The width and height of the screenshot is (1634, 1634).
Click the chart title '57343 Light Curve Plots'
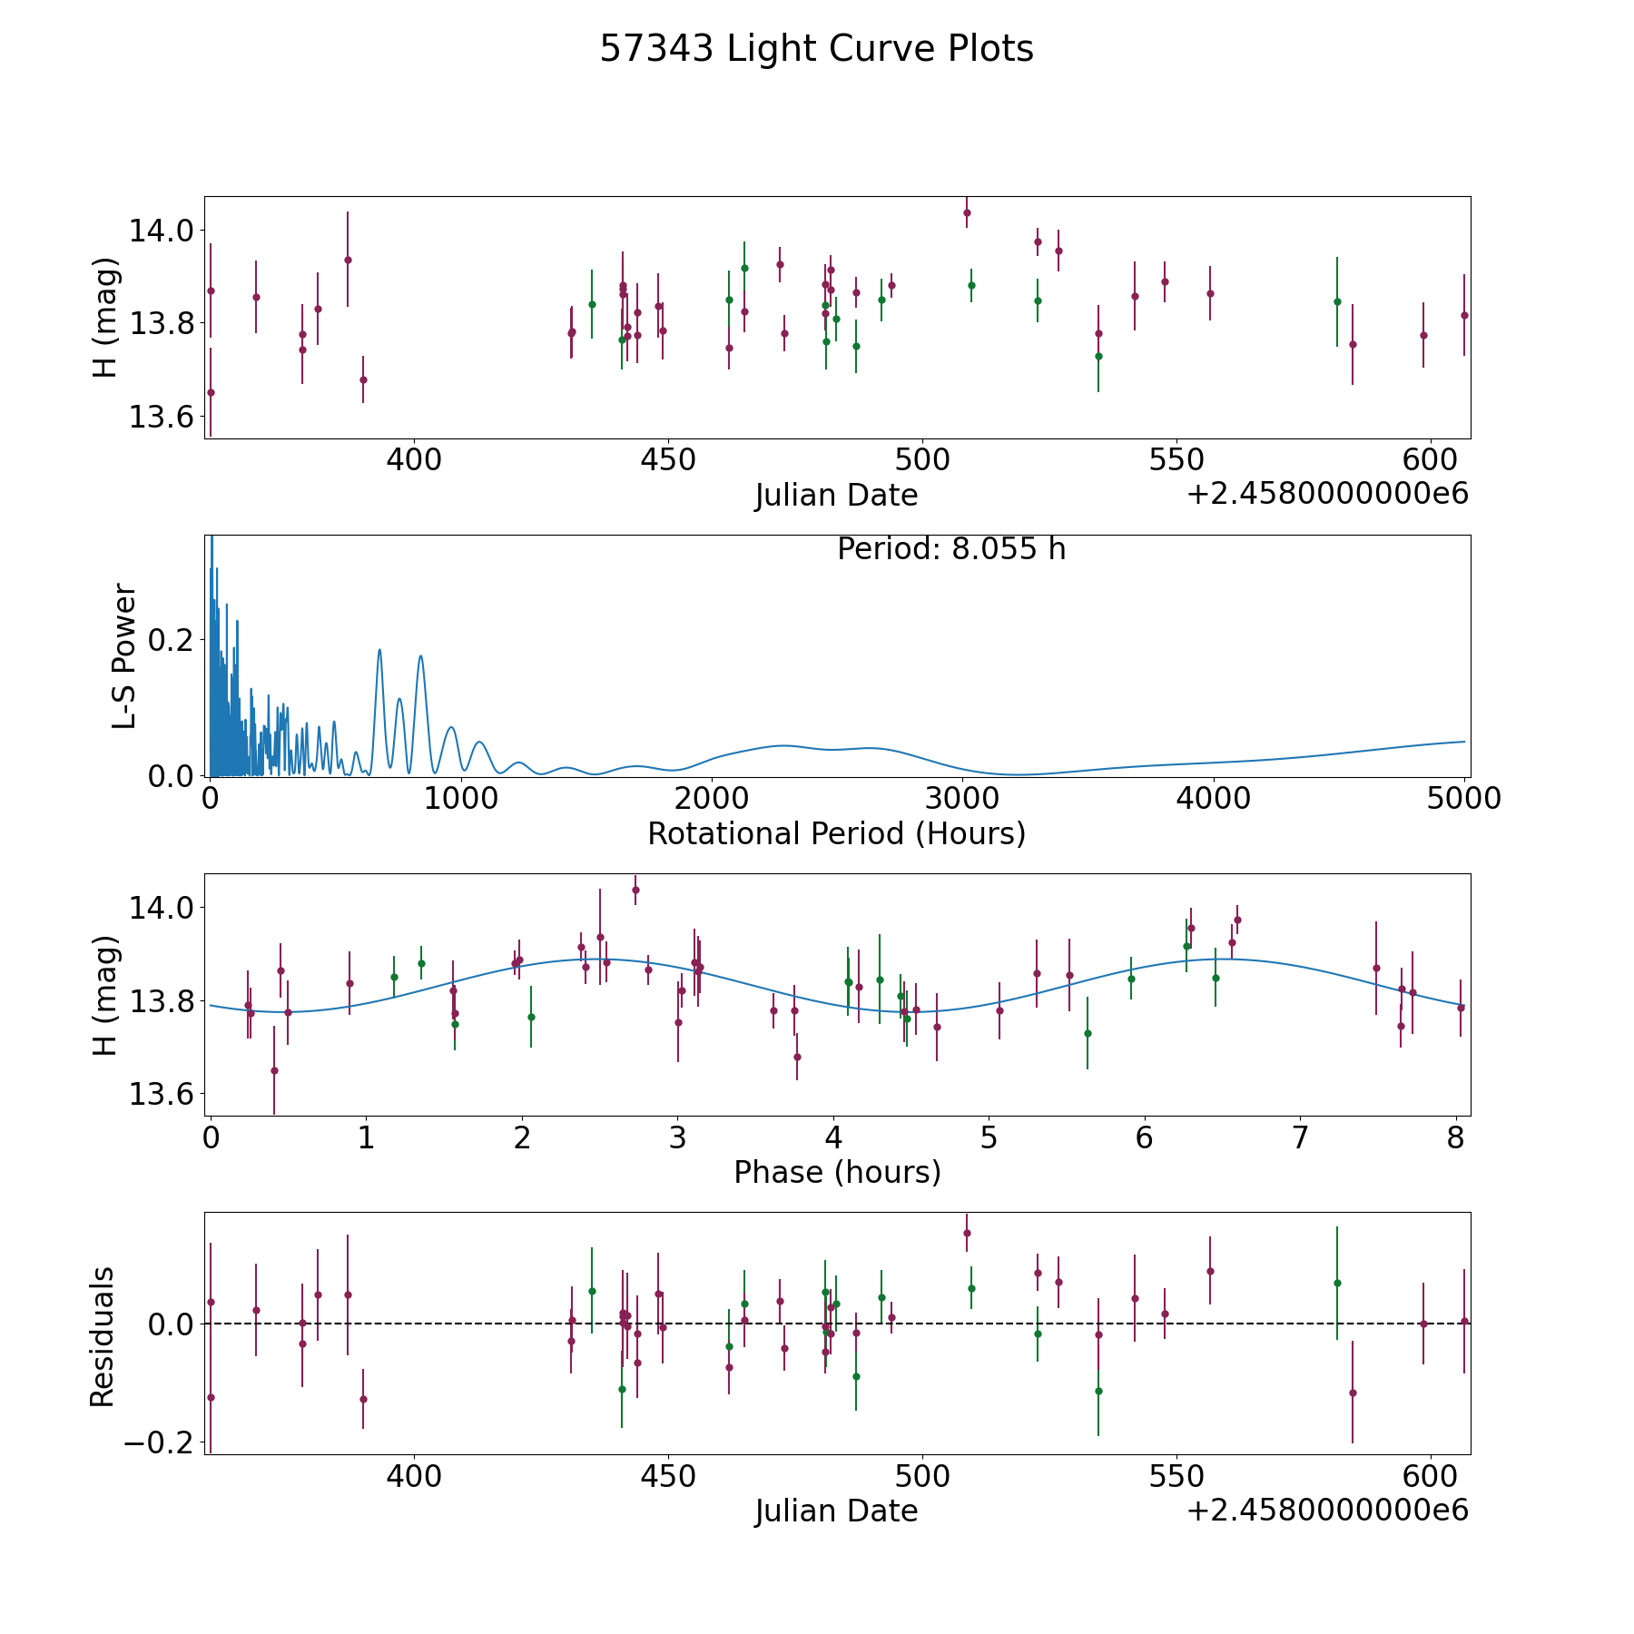(816, 49)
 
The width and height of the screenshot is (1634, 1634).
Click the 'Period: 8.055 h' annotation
(951, 549)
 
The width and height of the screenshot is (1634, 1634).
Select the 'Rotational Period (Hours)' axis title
(836, 833)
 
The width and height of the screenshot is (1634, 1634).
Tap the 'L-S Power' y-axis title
(124, 655)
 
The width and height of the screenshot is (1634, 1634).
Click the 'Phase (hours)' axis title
(837, 1173)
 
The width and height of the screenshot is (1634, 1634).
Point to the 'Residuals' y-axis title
(103, 1336)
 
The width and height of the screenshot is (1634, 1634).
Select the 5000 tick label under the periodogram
(1464, 798)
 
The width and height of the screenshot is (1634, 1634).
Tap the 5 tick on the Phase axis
(989, 1137)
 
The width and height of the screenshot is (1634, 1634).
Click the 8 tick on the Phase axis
(1456, 1137)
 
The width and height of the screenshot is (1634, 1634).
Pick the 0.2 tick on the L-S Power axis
(170, 640)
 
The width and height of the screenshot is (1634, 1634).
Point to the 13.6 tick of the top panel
(161, 417)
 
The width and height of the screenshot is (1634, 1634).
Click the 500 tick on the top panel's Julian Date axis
(921, 459)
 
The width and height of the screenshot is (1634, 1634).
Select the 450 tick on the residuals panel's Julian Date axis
(667, 1476)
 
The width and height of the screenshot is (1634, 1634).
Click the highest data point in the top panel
(967, 212)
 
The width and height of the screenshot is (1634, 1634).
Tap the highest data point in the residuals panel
(967, 1233)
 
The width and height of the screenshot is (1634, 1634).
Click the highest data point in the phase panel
(635, 890)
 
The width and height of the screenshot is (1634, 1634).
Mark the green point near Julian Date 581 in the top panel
(1337, 301)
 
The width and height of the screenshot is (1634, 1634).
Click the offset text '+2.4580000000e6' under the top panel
(1328, 494)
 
